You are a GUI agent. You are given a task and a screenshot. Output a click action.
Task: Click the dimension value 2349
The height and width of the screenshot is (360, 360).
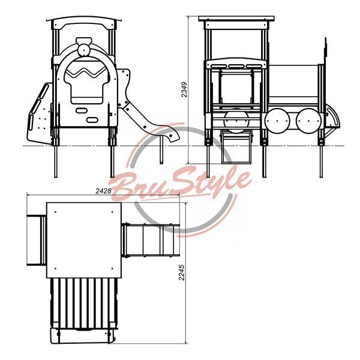point(184,90)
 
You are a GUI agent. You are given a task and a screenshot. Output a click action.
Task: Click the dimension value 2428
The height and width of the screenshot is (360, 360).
point(103,191)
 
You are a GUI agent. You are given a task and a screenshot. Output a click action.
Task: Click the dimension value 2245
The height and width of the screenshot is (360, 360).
point(182,272)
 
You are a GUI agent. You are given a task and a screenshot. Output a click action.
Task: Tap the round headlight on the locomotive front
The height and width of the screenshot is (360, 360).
point(83,50)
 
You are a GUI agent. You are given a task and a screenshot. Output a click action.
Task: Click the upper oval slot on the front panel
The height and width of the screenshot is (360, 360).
point(82,110)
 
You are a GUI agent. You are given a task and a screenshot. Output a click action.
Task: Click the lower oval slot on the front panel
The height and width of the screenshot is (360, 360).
point(92,120)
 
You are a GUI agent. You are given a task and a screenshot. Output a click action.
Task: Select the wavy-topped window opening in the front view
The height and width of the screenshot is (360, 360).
point(86,80)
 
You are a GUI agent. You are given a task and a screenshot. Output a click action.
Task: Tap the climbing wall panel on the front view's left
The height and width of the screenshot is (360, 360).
point(39,113)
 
